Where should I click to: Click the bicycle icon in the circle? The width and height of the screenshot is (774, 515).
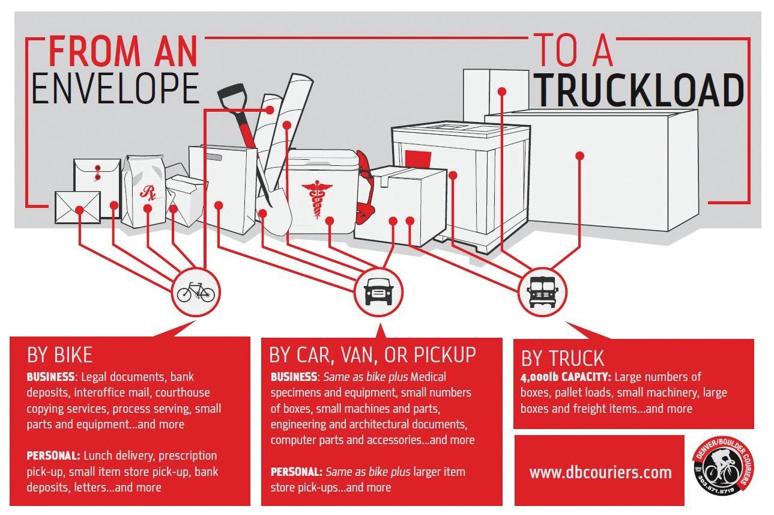point(195,293)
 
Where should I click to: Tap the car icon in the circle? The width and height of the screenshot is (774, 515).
point(378,293)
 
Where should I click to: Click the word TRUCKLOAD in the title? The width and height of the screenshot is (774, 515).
point(639,91)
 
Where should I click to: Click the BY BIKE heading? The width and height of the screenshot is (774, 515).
point(60,355)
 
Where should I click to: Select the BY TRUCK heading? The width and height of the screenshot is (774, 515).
point(562,358)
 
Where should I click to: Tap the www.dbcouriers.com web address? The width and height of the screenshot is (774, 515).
point(600,472)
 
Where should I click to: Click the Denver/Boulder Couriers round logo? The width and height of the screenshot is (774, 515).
point(722,471)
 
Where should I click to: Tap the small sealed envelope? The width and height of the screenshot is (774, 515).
point(77,207)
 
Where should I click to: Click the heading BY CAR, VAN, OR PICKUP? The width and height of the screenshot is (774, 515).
point(372,355)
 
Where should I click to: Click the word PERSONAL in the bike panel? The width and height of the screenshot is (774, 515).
point(53,456)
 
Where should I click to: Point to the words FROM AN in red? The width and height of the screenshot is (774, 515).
point(123,52)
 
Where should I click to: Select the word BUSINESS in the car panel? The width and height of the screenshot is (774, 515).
point(294,377)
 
